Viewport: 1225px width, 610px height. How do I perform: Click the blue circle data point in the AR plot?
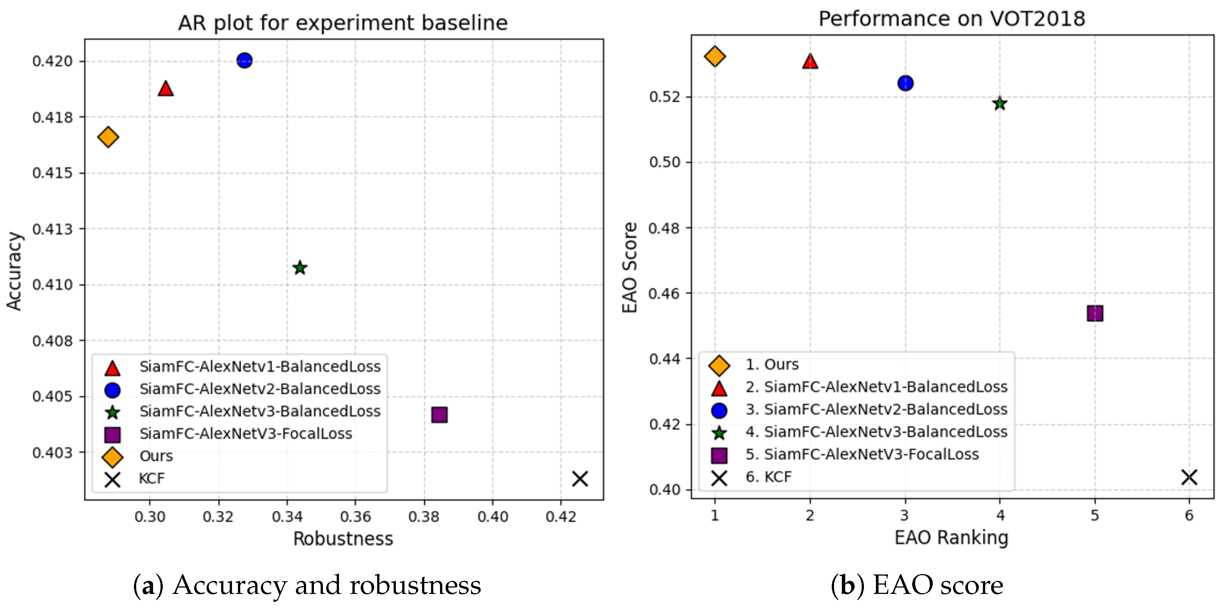pos(244,60)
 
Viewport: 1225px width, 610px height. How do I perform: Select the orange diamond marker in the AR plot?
pos(108,137)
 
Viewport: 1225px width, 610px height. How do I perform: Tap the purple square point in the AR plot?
pos(439,415)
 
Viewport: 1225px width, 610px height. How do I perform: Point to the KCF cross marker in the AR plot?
pos(580,479)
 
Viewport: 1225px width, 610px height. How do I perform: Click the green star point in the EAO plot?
pos(1000,104)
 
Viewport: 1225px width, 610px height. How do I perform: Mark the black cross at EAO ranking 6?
pos(1189,477)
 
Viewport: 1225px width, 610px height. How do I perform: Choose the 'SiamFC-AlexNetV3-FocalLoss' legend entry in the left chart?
pos(245,433)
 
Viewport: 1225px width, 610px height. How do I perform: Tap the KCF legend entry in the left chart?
pos(151,478)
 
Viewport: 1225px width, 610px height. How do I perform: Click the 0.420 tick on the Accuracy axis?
pos(52,61)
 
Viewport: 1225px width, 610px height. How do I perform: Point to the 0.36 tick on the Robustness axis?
pos(355,516)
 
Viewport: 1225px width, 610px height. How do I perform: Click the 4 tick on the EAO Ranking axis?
pos(1000,515)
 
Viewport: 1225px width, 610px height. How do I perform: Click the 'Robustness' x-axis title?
pos(343,539)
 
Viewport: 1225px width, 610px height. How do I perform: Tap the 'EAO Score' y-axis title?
pos(630,267)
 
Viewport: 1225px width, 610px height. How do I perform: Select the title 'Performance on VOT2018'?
pos(951,19)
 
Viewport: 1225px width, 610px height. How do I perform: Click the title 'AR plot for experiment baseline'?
pos(343,23)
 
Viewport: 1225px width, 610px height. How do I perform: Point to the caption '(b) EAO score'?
pos(917,585)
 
